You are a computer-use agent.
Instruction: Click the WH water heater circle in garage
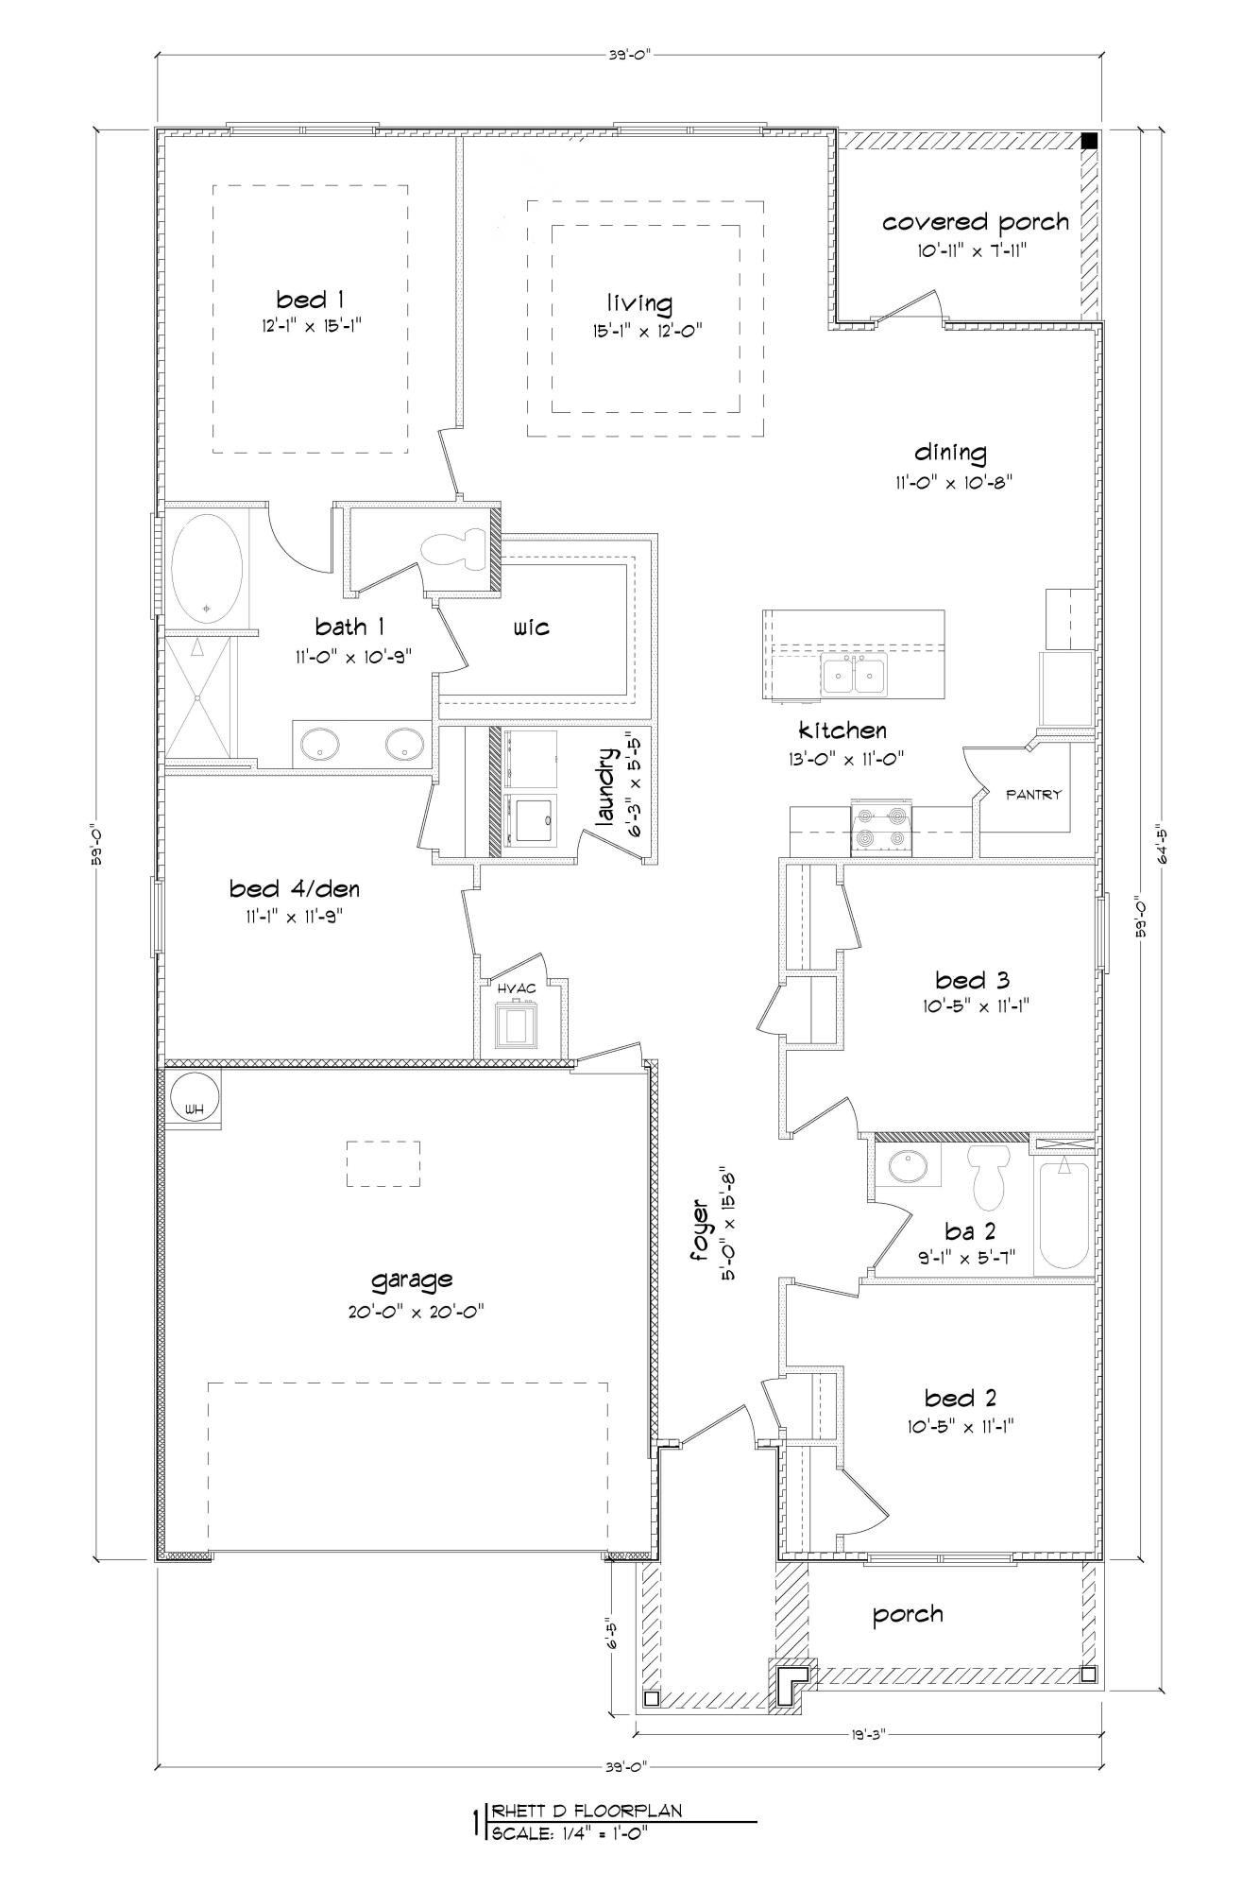coord(195,1097)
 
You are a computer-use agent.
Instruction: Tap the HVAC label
coord(517,988)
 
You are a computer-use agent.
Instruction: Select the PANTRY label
coord(1033,795)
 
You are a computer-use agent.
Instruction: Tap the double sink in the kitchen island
coord(853,677)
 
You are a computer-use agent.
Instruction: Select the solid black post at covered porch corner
coord(1089,141)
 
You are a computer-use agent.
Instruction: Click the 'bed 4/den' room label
coord(294,889)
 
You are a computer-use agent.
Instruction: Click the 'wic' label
coord(532,627)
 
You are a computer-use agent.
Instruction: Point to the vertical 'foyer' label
coord(701,1231)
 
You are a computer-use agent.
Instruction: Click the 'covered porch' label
coord(975,223)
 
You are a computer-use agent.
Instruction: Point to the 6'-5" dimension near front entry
coord(612,1637)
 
